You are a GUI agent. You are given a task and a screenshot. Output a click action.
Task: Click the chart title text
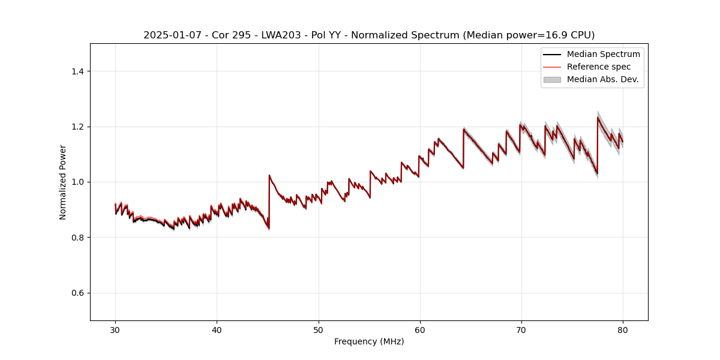click(369, 35)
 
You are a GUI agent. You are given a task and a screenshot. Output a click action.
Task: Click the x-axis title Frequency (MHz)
click(369, 341)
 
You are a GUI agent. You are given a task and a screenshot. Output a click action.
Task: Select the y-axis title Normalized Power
click(63, 182)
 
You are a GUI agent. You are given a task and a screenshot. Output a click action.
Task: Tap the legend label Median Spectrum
click(603, 54)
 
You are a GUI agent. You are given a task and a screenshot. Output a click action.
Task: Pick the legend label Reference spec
click(598, 67)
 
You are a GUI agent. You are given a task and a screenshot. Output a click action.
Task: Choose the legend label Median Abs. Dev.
click(602, 79)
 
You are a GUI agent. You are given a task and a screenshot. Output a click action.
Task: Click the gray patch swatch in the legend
click(552, 79)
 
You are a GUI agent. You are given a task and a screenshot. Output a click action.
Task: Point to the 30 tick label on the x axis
click(115, 329)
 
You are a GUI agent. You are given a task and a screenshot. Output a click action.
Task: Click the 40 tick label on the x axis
click(217, 329)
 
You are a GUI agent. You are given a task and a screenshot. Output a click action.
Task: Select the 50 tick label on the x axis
click(319, 329)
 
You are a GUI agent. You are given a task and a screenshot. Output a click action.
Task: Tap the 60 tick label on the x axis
click(420, 329)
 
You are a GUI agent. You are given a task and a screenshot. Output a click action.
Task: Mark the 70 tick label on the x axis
click(521, 329)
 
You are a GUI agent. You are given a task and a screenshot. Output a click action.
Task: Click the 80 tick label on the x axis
click(623, 329)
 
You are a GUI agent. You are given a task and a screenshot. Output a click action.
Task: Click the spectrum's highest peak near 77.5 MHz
click(598, 118)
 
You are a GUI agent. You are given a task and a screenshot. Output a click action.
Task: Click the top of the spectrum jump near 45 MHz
click(269, 175)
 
